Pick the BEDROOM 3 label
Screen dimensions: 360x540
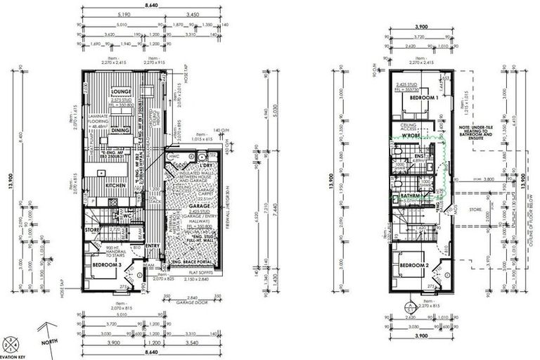click(x=107, y=264)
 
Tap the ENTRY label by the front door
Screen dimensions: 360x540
click(x=153, y=246)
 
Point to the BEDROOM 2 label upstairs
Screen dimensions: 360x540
click(x=415, y=264)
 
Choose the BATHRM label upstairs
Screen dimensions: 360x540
click(x=410, y=196)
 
